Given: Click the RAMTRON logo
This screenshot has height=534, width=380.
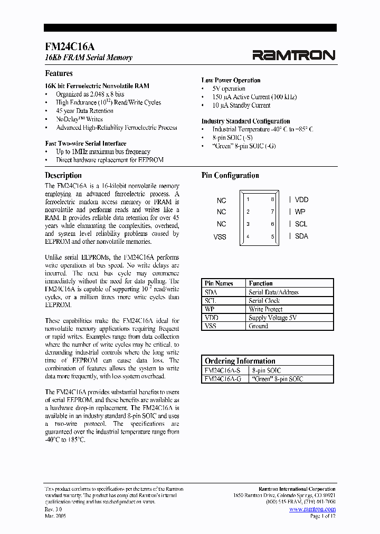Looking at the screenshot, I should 293,54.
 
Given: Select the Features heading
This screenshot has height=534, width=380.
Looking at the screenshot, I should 59,73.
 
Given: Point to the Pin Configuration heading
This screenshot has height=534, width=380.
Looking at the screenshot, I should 230,175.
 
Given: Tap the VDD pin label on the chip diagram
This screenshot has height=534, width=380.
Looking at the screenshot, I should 301,199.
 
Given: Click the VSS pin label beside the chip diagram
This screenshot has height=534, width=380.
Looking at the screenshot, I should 220,236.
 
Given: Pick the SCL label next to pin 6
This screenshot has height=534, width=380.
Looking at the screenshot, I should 301,224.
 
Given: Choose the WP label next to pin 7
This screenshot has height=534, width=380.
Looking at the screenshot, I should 300,212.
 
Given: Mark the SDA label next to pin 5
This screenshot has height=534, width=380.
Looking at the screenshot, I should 301,236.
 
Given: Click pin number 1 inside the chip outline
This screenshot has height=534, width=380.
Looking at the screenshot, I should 248,199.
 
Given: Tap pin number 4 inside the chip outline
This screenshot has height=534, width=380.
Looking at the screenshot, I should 248,236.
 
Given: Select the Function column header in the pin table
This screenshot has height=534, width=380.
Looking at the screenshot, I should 261,283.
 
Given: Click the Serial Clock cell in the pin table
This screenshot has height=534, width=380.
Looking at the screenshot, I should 264,301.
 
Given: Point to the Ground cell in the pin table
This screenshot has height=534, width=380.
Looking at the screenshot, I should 259,326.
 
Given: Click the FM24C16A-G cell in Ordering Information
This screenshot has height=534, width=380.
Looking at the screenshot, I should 222,379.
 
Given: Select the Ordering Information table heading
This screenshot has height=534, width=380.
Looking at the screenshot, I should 240,361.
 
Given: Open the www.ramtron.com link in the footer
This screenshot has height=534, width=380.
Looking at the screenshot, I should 312,509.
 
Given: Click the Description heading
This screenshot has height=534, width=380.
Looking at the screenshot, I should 63,175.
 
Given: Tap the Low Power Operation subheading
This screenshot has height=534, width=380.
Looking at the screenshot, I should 231,80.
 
